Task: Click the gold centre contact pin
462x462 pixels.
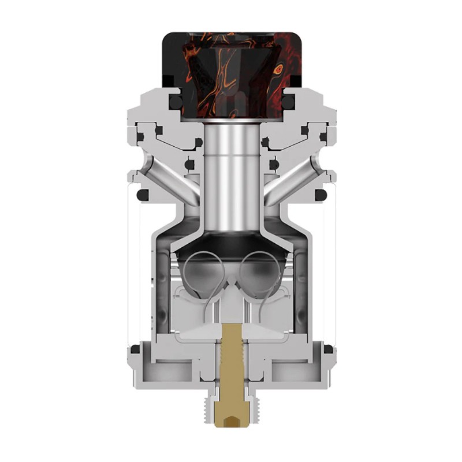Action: pyautogui.click(x=233, y=370)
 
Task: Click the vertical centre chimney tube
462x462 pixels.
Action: pyautogui.click(x=232, y=167)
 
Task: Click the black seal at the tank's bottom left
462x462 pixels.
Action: pyautogui.click(x=135, y=349)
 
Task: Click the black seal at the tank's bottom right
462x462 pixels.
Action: pyautogui.click(x=327, y=349)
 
